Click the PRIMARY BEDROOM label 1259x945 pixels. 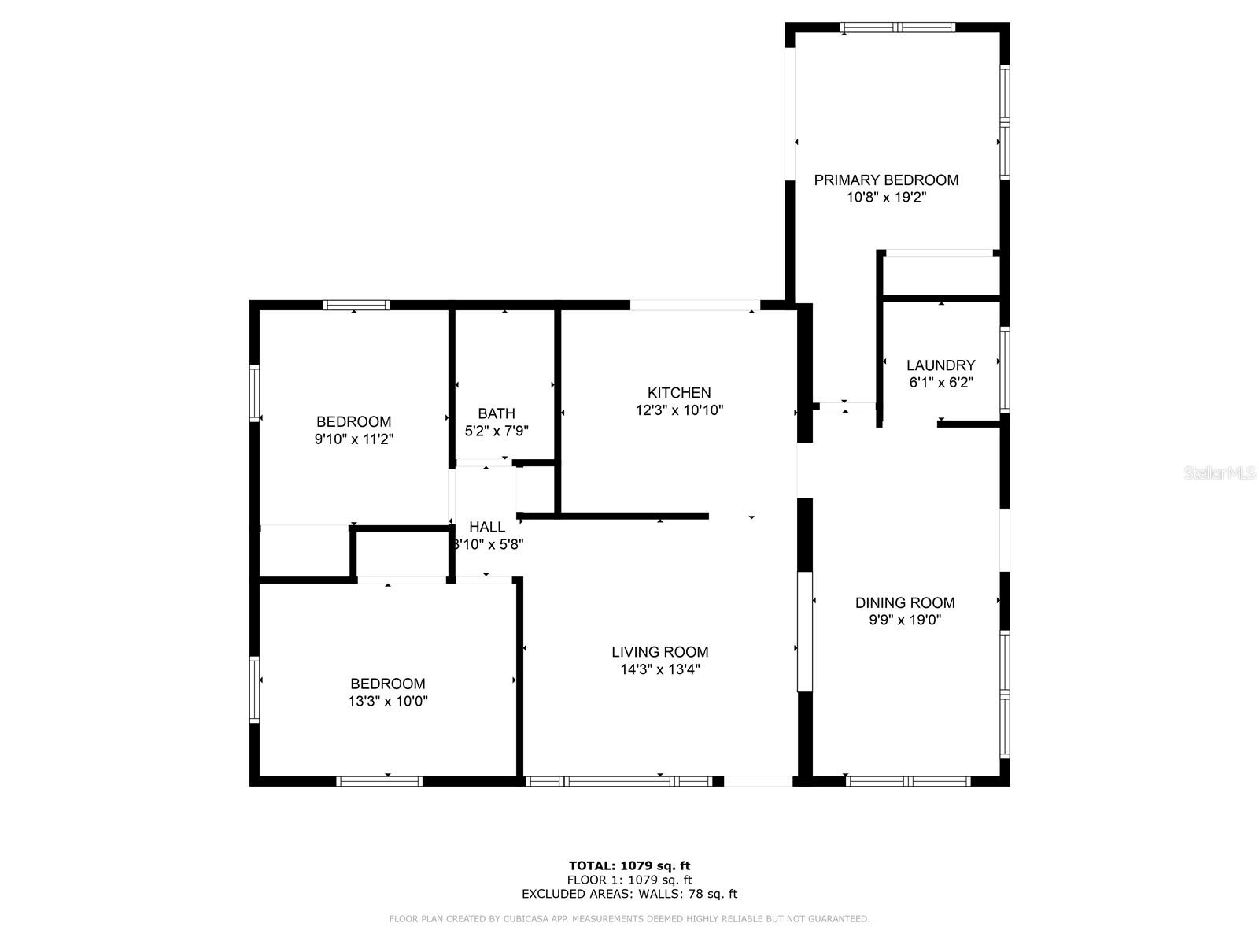[x=886, y=180]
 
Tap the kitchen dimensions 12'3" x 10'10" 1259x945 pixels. [x=679, y=410]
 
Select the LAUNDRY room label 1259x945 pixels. [x=940, y=365]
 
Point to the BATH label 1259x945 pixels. [x=497, y=413]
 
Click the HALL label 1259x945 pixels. [x=487, y=527]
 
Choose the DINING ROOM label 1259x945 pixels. [x=905, y=603]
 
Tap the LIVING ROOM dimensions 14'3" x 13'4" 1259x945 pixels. [x=659, y=670]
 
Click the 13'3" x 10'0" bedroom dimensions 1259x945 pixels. [x=388, y=702]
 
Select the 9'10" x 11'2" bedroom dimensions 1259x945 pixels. [x=354, y=439]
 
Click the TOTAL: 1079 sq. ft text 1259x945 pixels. [x=629, y=866]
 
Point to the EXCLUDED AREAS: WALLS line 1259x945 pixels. [x=629, y=894]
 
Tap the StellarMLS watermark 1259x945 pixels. [x=1220, y=473]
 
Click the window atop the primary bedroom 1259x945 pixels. [x=897, y=28]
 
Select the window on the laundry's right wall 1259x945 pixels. [x=1004, y=369]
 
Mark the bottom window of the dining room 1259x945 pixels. [x=908, y=781]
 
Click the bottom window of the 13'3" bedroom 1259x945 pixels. [x=379, y=781]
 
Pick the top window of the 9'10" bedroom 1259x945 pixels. [x=356, y=306]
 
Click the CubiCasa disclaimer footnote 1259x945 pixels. [x=629, y=919]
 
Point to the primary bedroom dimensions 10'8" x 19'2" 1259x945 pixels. [x=886, y=198]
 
